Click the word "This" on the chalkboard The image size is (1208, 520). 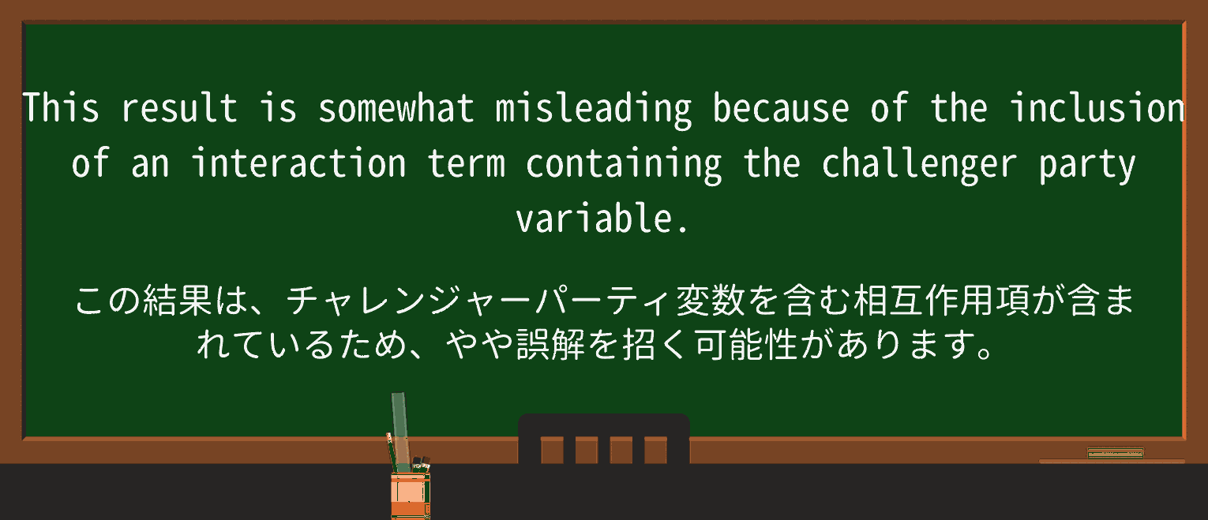pyautogui.click(x=61, y=108)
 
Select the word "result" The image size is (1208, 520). pyautogui.click(x=179, y=108)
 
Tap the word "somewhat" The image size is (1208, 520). pyautogui.click(x=396, y=108)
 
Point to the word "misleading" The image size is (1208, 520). pyautogui.click(x=593, y=108)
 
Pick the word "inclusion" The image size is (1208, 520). pyautogui.click(x=1097, y=108)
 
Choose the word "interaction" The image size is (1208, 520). pyautogui.click(x=298, y=164)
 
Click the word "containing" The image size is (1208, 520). pyautogui.click(x=624, y=164)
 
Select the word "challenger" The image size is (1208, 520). pyautogui.click(x=919, y=164)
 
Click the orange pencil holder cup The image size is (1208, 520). pyautogui.click(x=410, y=495)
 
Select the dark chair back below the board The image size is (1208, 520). pyautogui.click(x=603, y=439)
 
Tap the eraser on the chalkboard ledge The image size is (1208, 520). pyautogui.click(x=1115, y=453)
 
